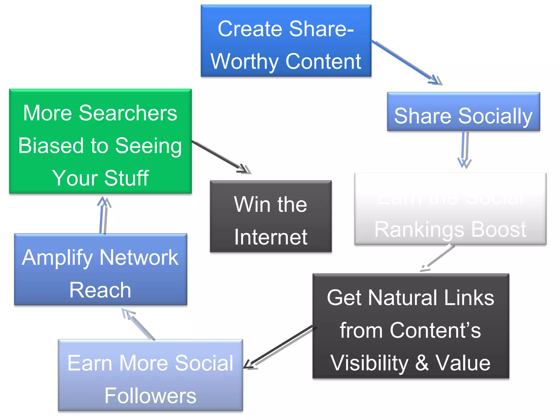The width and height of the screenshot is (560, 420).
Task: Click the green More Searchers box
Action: click(100, 141)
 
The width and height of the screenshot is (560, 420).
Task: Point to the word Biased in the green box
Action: click(51, 145)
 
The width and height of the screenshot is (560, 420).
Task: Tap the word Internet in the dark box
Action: click(271, 237)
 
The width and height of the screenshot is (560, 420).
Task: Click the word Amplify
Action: click(58, 258)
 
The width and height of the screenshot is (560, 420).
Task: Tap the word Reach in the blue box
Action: click(100, 290)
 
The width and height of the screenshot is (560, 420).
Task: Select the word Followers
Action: click(150, 395)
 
